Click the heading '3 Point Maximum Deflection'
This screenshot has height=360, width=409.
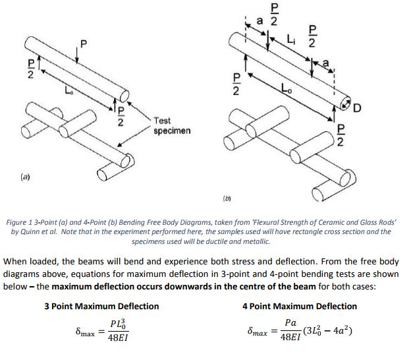tap(101, 306)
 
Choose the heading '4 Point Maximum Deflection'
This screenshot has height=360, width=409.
tap(300, 306)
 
